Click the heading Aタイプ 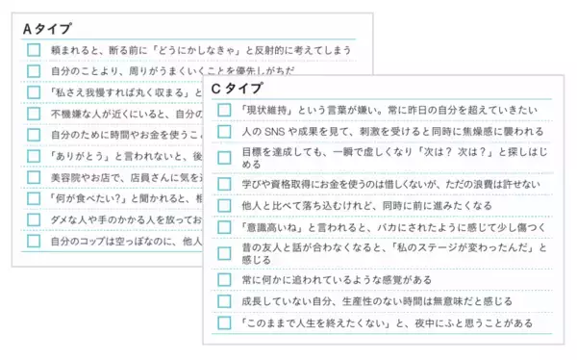point(47,29)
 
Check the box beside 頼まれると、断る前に point(34,50)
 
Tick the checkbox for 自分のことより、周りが point(34,71)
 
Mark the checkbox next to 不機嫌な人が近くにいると point(34,114)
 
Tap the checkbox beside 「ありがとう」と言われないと point(34,156)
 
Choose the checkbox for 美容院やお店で point(34,177)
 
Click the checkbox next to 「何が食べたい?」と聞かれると point(34,198)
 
